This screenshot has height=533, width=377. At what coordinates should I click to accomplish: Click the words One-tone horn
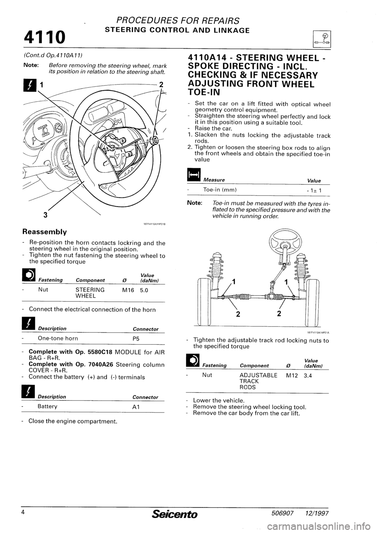pyautogui.click(x=58, y=338)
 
